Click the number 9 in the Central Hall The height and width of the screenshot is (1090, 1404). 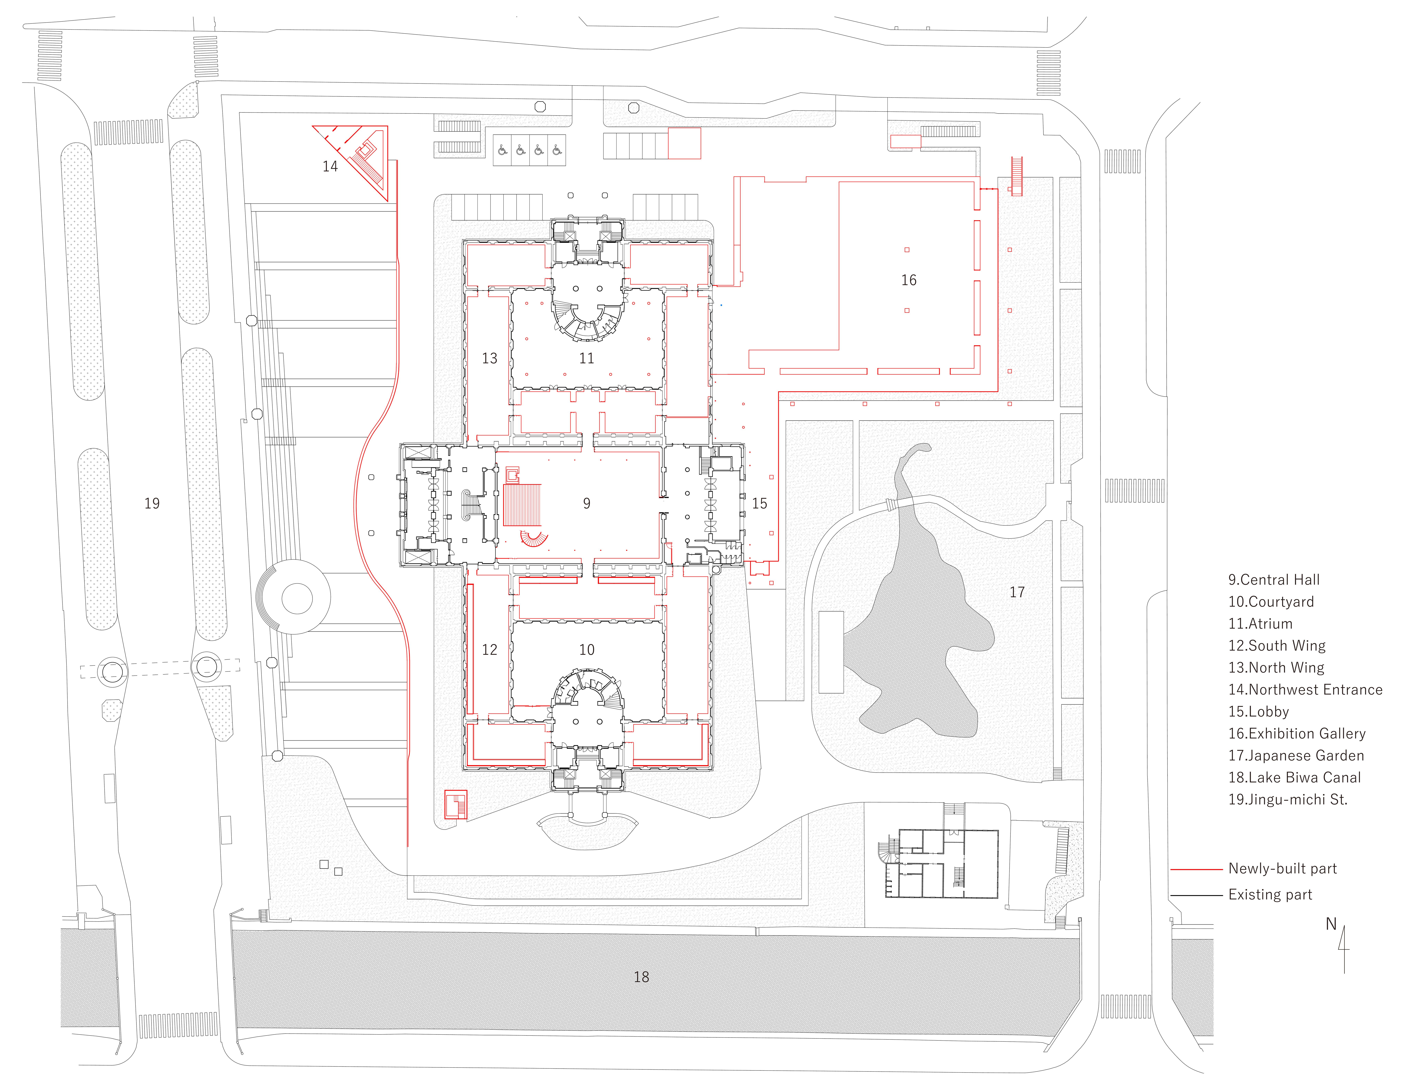click(586, 503)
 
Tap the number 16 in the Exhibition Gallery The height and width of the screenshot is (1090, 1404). click(908, 280)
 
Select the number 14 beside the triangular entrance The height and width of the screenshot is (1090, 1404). click(330, 166)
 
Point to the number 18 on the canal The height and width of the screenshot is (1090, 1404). click(641, 977)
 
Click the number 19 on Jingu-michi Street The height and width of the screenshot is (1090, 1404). click(152, 503)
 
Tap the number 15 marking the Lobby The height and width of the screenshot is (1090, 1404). click(759, 503)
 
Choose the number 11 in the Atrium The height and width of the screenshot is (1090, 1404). click(586, 358)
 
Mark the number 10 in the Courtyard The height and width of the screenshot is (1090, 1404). click(586, 650)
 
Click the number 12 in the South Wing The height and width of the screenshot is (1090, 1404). click(489, 650)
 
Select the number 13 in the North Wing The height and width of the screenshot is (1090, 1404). click(489, 358)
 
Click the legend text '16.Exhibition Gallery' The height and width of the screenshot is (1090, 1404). click(1297, 733)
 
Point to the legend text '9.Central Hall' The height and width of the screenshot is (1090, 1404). click(1274, 580)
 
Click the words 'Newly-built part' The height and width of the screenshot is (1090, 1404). click(1282, 869)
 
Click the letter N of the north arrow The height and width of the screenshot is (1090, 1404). click(1331, 924)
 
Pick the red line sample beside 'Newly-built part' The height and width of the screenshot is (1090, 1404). click(1196, 869)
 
